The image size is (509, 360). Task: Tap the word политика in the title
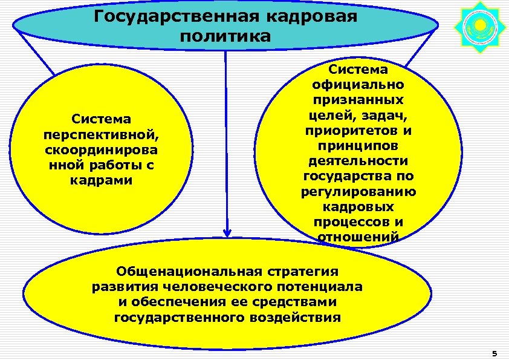225,36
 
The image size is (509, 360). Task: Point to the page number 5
494,353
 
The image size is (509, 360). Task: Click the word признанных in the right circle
358,99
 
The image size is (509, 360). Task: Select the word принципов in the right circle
358,146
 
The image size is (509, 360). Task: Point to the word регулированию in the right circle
358,192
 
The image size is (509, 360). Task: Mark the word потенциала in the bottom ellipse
327,286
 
